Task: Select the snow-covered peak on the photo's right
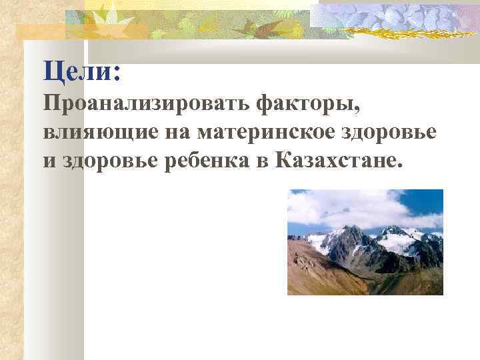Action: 400,237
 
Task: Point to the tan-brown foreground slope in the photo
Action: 320,273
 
